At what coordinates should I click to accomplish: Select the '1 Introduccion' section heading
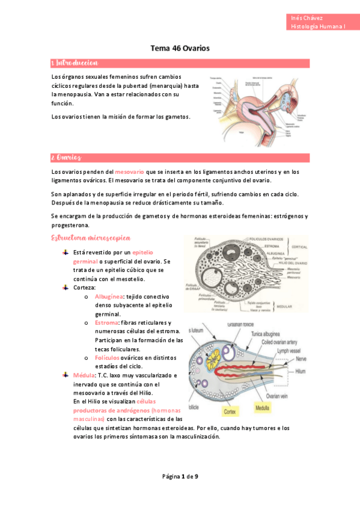(75, 63)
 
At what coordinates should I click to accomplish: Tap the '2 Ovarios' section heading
(66, 158)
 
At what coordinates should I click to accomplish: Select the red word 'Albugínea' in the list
(109, 297)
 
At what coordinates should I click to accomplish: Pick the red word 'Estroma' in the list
(106, 323)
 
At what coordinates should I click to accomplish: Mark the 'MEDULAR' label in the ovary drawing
(299, 306)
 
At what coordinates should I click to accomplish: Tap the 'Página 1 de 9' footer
(180, 477)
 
